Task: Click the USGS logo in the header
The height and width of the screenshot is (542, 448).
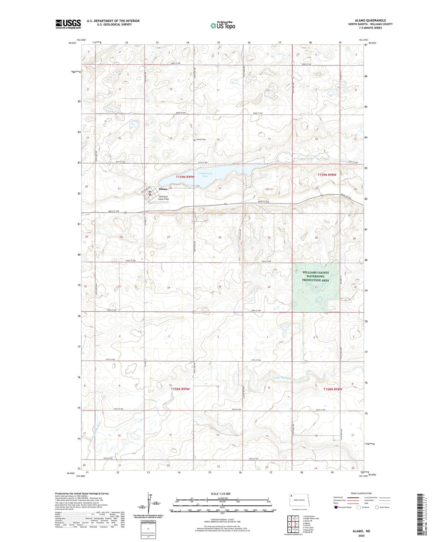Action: coord(68,24)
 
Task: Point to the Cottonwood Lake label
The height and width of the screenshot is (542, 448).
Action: coord(205,174)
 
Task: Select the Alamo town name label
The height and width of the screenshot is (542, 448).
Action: coord(163,189)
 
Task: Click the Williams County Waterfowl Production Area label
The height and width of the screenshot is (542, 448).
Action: coord(316,276)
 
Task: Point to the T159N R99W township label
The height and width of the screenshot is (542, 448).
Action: coord(185,177)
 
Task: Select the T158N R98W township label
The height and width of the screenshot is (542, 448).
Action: coord(333,389)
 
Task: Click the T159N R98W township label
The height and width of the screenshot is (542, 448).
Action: coord(327,175)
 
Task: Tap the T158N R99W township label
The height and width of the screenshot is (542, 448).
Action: coord(180,389)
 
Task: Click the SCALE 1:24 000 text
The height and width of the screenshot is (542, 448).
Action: coord(220,494)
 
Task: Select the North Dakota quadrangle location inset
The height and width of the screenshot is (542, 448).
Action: coord(299,500)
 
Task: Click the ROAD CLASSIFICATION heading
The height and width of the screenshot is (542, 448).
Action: coord(361,493)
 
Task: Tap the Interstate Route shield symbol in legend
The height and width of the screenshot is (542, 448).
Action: coord(336,507)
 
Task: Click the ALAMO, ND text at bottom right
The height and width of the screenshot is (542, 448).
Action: coord(361,531)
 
